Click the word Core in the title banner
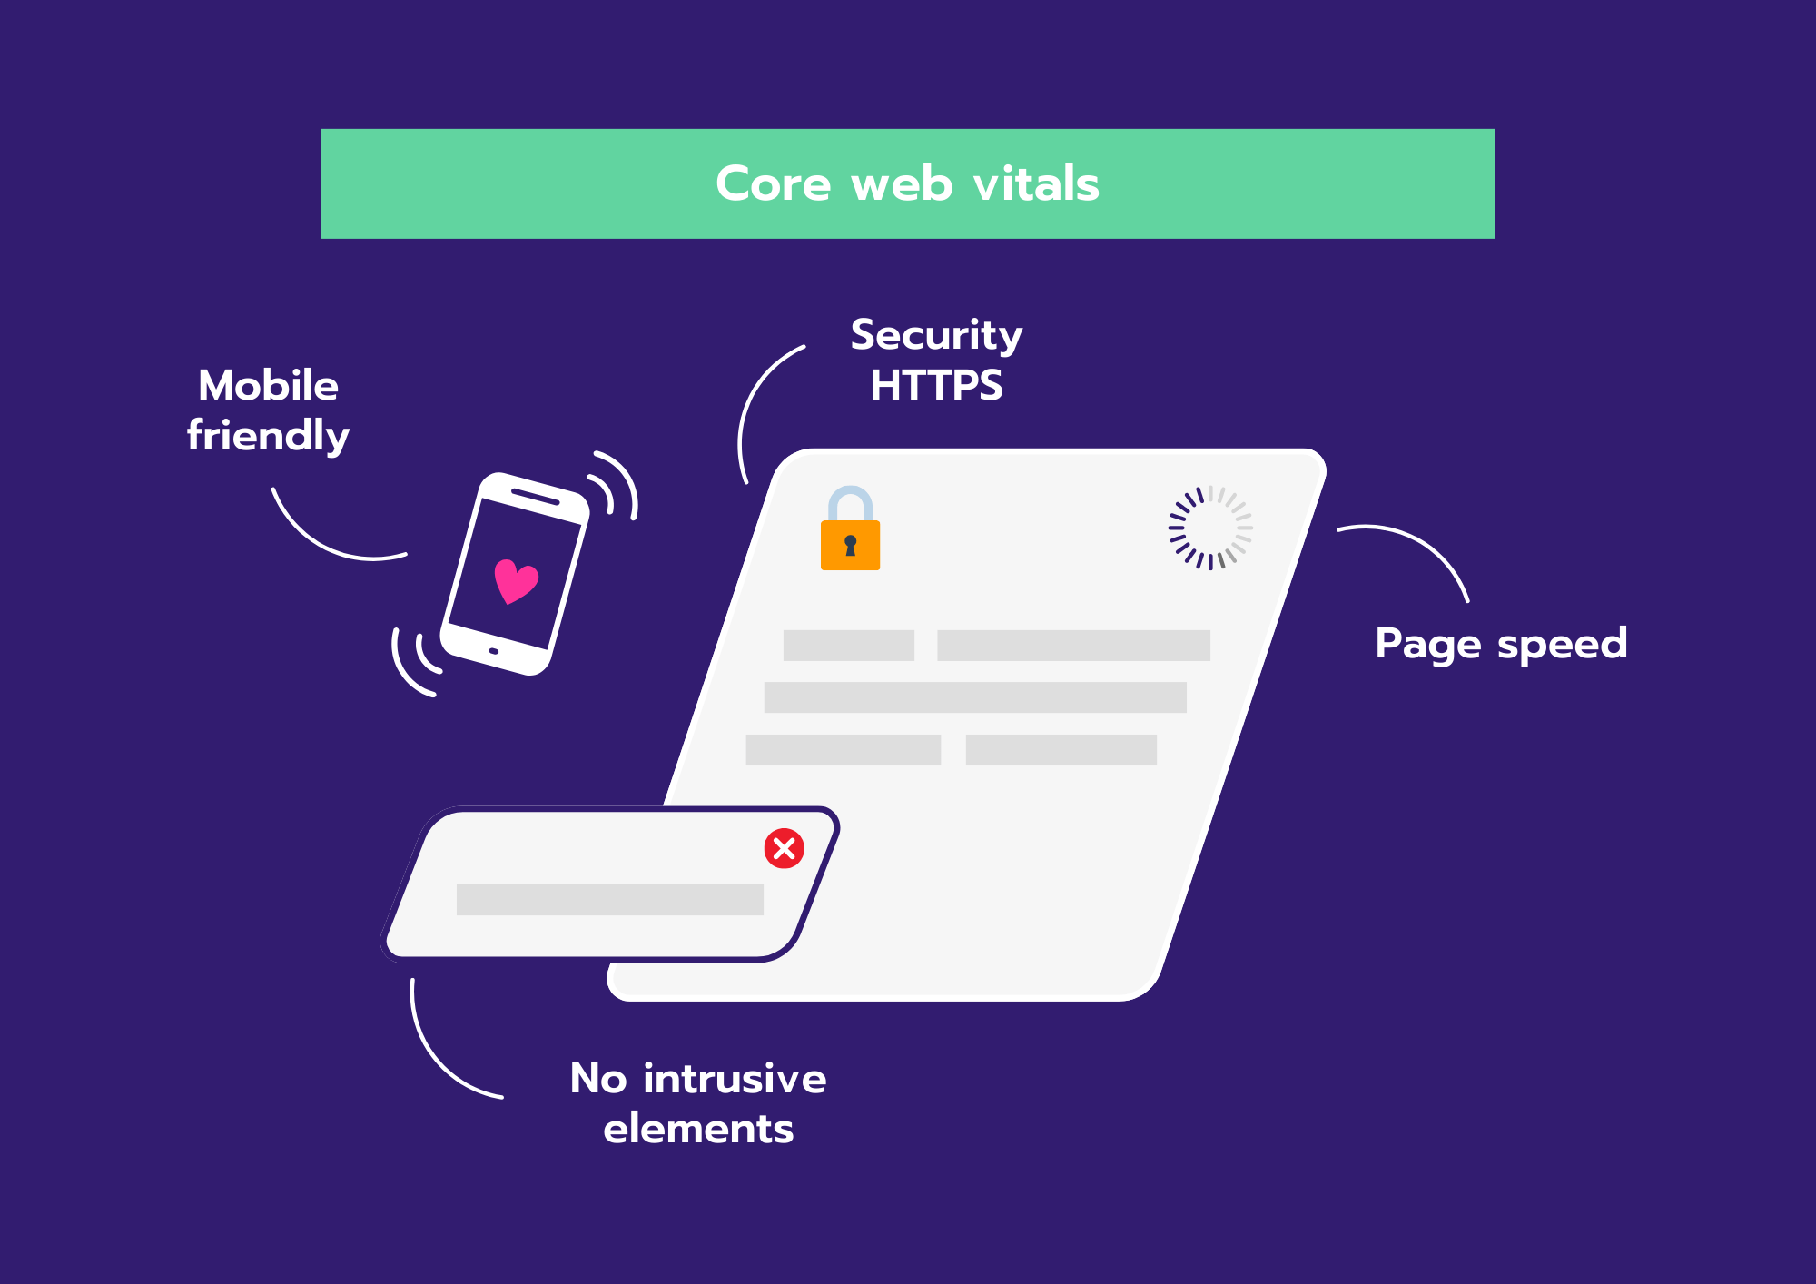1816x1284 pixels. click(x=773, y=184)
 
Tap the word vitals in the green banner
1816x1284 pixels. click(x=1036, y=183)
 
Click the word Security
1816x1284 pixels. click(x=936, y=337)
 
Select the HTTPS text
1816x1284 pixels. click(x=936, y=385)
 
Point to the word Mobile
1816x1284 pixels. click(x=268, y=385)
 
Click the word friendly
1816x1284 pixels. click(x=268, y=436)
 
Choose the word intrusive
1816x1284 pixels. click(x=735, y=1079)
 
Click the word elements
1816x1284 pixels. click(x=698, y=1129)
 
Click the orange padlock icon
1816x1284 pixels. click(x=850, y=528)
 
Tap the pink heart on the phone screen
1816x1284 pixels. click(x=516, y=581)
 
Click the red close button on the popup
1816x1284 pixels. click(x=784, y=848)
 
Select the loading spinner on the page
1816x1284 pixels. click(x=1210, y=528)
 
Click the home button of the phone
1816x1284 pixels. click(x=494, y=651)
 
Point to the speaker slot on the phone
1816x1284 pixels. click(x=536, y=497)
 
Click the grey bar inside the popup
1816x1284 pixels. click(x=609, y=900)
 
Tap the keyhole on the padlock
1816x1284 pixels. click(x=850, y=545)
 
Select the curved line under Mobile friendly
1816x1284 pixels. click(x=326, y=541)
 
